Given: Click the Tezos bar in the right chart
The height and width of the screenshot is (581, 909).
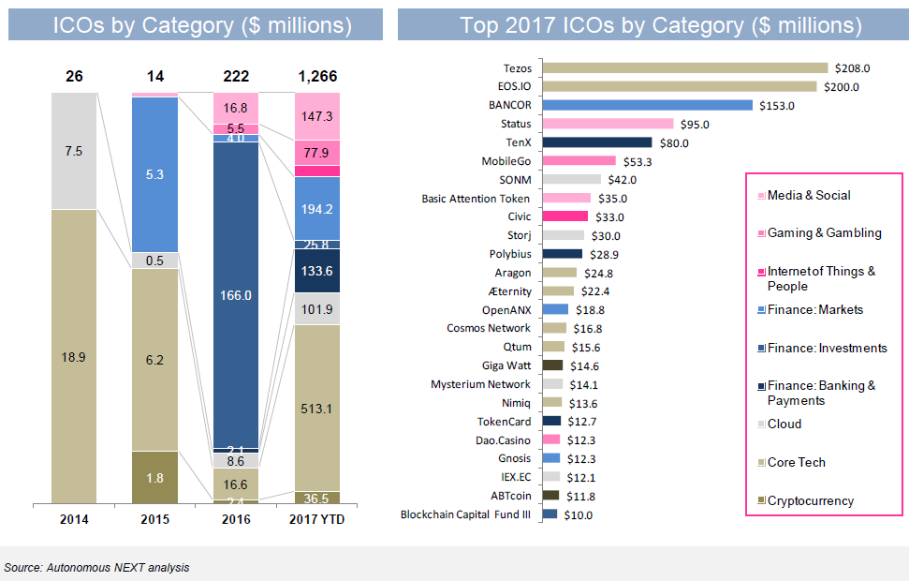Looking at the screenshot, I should click(x=685, y=67).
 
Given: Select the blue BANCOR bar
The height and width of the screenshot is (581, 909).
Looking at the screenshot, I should click(x=648, y=105).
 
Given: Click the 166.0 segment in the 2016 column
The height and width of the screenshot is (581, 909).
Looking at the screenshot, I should click(x=236, y=295).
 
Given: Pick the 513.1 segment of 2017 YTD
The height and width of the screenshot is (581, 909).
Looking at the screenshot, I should click(x=317, y=407).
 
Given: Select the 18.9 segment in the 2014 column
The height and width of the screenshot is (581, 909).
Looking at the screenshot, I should click(x=74, y=356).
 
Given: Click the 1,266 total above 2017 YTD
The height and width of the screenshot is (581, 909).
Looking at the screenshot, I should click(x=317, y=77).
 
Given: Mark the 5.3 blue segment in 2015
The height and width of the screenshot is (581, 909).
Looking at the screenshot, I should click(x=155, y=173).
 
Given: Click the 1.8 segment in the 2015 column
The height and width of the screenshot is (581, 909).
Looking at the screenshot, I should click(x=155, y=476).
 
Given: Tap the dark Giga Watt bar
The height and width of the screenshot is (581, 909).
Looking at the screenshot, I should click(x=553, y=365).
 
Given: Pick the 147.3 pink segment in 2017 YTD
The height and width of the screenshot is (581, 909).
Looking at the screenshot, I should click(x=317, y=116).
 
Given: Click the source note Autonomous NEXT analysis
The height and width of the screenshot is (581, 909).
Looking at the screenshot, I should click(x=96, y=567).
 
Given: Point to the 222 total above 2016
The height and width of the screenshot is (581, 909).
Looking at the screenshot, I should click(x=236, y=77).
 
